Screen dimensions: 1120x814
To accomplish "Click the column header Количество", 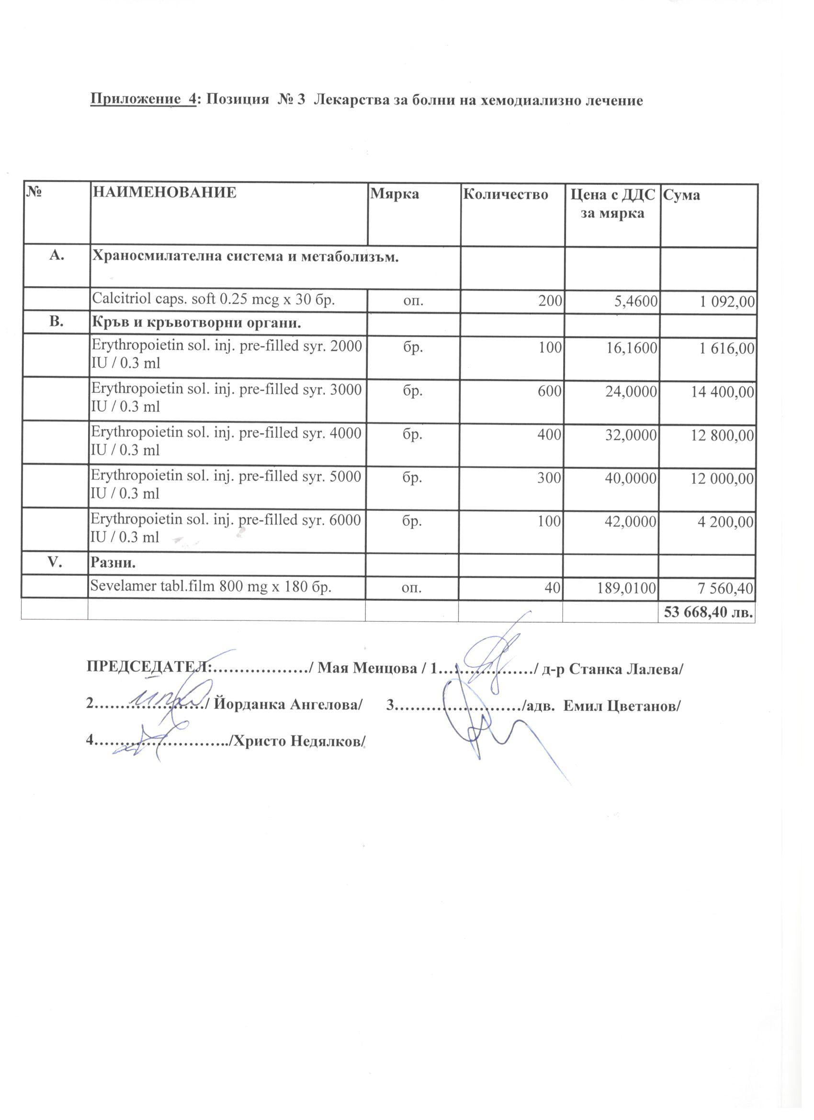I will pyautogui.click(x=505, y=194).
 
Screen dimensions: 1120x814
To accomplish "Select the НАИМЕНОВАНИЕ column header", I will pyautogui.click(x=164, y=193).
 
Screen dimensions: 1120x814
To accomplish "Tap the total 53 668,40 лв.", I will pyautogui.click(x=708, y=612).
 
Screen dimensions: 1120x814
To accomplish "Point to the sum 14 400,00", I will pyautogui.click(x=722, y=392).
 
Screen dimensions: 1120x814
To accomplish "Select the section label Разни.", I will pyautogui.click(x=113, y=563).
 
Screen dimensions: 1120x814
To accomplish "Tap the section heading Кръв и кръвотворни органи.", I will pyautogui.click(x=196, y=323).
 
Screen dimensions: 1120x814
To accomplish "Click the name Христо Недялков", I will pyautogui.click(x=299, y=741).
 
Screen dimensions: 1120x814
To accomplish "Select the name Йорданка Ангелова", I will pyautogui.click(x=289, y=704).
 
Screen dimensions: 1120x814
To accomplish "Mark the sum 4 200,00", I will pyautogui.click(x=725, y=522).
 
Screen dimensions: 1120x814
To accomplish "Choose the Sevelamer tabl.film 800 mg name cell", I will pyautogui.click(x=210, y=587).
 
